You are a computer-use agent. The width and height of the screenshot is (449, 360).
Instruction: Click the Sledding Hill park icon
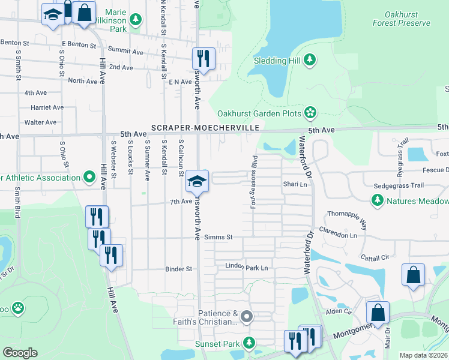click(310, 59)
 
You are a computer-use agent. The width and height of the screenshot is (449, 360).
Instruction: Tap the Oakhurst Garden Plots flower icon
click(310, 112)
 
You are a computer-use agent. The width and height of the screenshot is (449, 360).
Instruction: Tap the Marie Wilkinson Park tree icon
click(136, 20)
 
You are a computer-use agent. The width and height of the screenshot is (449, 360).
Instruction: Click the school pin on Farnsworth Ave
click(196, 180)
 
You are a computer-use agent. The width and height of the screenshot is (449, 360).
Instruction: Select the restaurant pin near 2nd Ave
click(203, 59)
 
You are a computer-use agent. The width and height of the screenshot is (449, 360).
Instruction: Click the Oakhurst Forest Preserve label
click(401, 19)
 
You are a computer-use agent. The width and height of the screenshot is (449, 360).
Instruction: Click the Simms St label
click(218, 238)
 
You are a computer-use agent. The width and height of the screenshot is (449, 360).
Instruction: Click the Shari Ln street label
click(295, 185)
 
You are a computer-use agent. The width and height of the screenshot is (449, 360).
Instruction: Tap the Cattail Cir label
click(375, 257)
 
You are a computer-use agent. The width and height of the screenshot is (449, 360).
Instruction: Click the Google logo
click(20, 353)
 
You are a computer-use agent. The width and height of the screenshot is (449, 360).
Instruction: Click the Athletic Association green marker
click(89, 177)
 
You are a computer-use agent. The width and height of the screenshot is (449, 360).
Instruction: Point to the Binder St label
click(178, 269)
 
